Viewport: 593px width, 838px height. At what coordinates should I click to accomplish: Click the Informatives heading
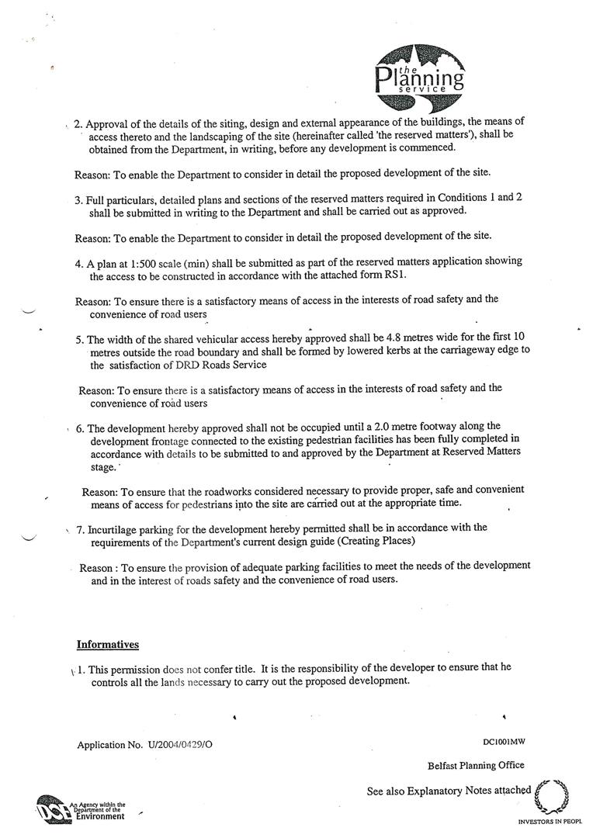[x=107, y=644]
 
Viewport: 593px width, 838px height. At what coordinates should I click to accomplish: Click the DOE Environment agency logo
[x=79, y=810]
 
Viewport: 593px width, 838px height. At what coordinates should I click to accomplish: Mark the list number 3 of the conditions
[x=78, y=199]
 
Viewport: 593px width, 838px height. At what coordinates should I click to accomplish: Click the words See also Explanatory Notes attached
[x=449, y=791]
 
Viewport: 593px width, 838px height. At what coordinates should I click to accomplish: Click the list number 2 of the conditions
[x=78, y=123]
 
